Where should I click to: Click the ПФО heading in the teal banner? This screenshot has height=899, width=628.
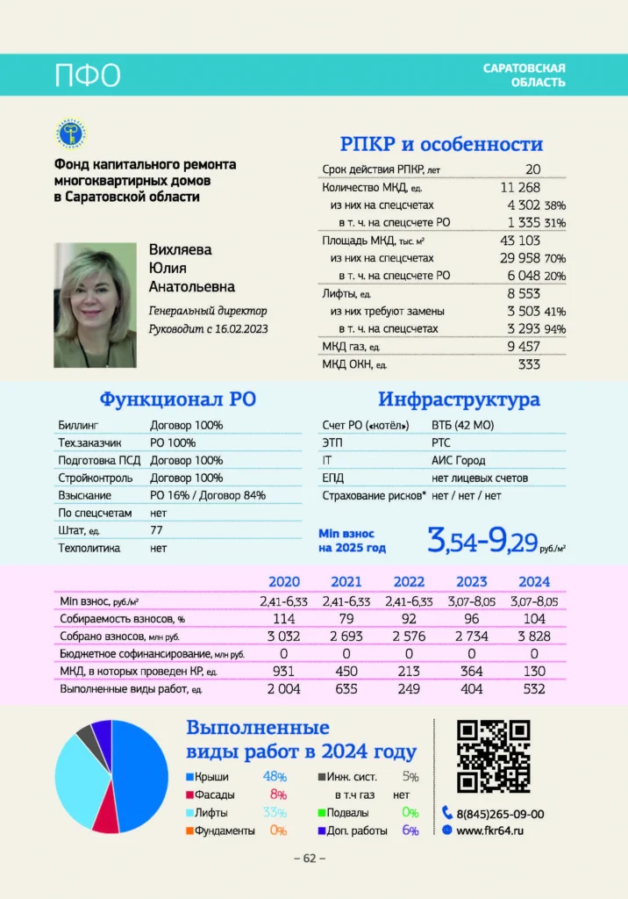(87, 76)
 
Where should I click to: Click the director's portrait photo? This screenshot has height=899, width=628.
(95, 305)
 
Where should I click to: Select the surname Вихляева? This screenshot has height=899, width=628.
(180, 249)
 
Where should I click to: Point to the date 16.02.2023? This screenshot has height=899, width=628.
(239, 328)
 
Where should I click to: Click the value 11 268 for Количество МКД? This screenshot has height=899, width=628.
(520, 187)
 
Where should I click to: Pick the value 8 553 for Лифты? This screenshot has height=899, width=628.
(524, 293)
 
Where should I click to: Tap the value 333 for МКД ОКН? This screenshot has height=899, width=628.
(529, 364)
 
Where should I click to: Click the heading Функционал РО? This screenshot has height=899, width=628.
(177, 399)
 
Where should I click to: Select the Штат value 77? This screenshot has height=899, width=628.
(157, 530)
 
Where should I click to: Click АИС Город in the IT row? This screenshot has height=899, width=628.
(458, 460)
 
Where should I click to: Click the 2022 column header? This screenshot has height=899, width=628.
(409, 581)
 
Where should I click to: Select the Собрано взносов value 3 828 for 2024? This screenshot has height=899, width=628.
(534, 636)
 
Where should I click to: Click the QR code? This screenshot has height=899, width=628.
(494, 756)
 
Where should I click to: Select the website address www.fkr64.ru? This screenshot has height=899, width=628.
(489, 830)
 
